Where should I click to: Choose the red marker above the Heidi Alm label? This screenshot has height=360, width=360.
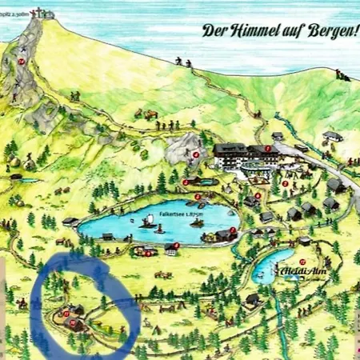303,262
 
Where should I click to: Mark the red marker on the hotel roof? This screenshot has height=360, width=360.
267,148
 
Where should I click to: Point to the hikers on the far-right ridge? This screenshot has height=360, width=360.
342,76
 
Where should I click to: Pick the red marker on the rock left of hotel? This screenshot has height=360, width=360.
195,154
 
